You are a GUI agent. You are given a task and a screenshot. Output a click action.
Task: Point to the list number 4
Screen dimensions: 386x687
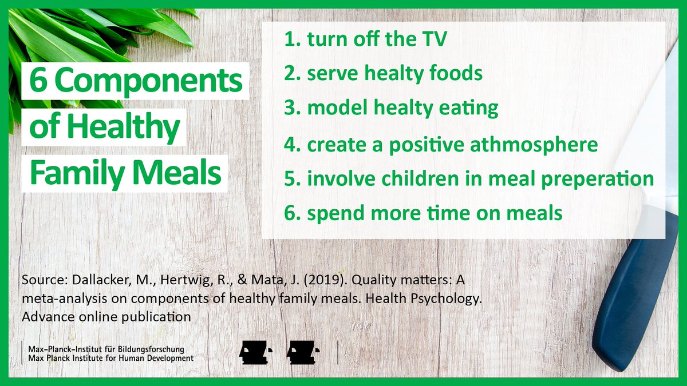point(292,145)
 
